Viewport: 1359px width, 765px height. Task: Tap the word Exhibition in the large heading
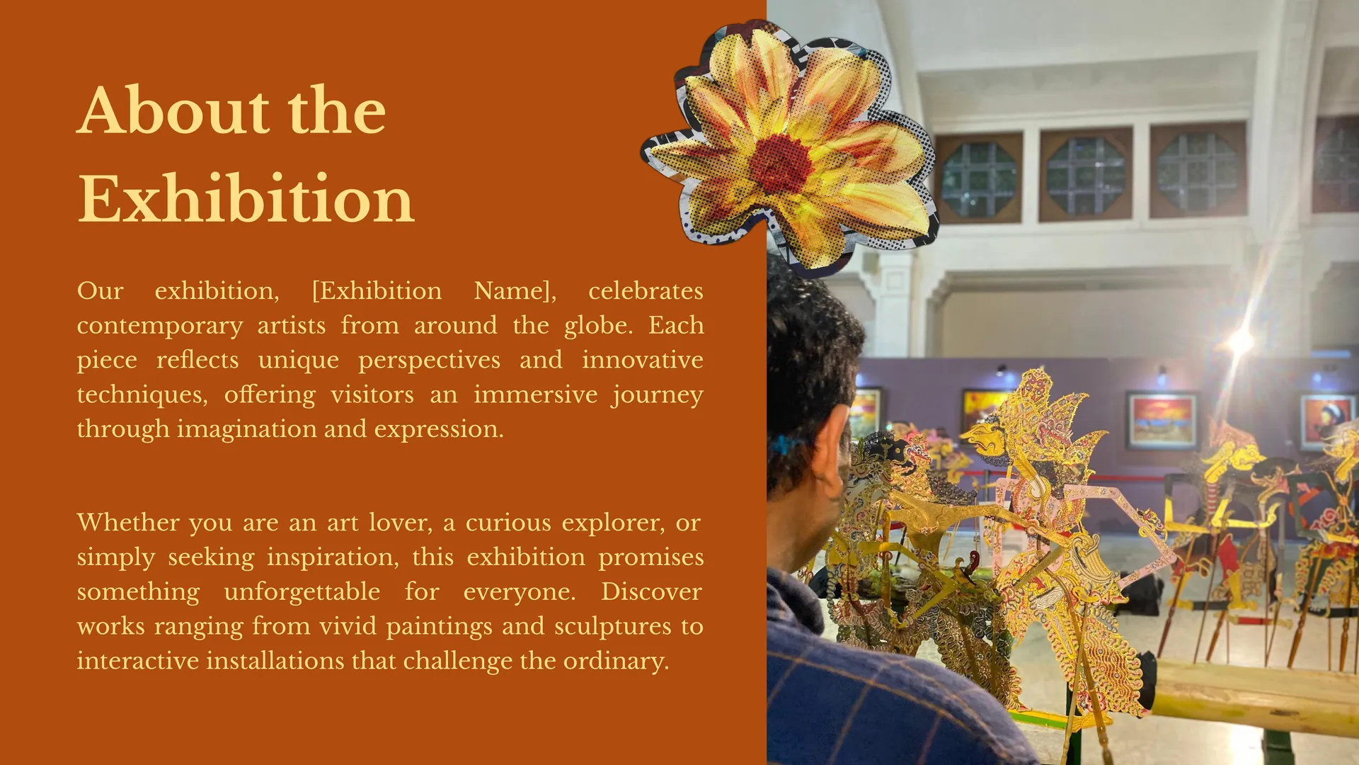[x=246, y=199]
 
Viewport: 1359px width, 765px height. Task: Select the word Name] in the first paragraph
[x=515, y=291]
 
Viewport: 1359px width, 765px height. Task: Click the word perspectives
[x=429, y=361]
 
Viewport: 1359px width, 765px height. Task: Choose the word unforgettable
[x=302, y=591]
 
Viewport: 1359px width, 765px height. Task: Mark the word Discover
[x=651, y=591]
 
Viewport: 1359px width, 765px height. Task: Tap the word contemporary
[x=160, y=326]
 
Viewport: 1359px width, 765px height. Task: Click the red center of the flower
[x=781, y=163]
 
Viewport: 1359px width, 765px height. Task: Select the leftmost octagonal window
[x=979, y=179]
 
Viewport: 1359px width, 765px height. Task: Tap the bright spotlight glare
[x=1239, y=342]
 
